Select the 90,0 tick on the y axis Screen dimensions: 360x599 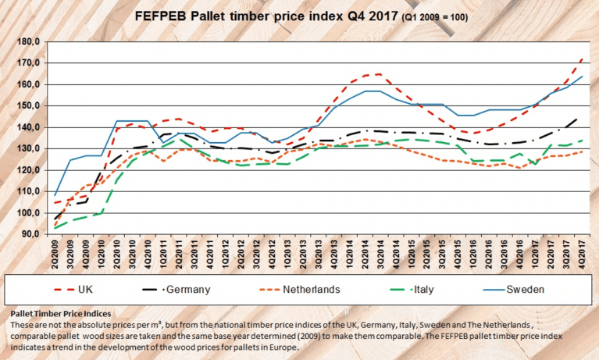point(30,234)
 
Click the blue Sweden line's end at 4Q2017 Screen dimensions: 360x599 point(583,77)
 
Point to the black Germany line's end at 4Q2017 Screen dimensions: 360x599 point(583,118)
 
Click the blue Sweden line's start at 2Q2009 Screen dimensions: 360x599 point(55,194)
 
